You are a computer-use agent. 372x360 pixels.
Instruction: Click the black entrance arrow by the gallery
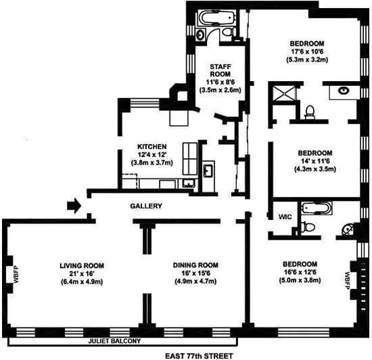pos(74,206)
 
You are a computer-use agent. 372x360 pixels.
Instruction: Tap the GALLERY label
pos(146,206)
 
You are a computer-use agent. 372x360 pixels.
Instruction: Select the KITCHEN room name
pos(152,147)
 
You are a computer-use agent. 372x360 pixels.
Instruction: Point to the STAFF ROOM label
pos(220,70)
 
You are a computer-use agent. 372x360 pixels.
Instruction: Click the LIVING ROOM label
pos(82,265)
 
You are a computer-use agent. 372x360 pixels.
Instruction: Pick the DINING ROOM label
pos(195,265)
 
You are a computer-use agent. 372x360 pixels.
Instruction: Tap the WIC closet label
pos(285,217)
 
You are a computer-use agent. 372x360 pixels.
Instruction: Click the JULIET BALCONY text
pos(114,341)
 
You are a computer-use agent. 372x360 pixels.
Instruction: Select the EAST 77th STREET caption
pos(199,356)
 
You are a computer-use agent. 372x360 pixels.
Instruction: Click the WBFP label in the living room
pos(16,275)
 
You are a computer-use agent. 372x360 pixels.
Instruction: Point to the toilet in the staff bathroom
pos(229,32)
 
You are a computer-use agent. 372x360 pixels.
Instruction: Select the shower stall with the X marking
pos(283,93)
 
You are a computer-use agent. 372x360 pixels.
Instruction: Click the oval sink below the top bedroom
pos(344,91)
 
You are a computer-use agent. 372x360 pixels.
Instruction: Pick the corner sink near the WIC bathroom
pos(348,229)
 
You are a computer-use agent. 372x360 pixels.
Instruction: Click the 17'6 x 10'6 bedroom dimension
pos(307,51)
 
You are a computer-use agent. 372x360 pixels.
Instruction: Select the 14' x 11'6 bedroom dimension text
pos(315,161)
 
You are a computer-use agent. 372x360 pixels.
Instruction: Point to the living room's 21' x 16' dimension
pos(82,273)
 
